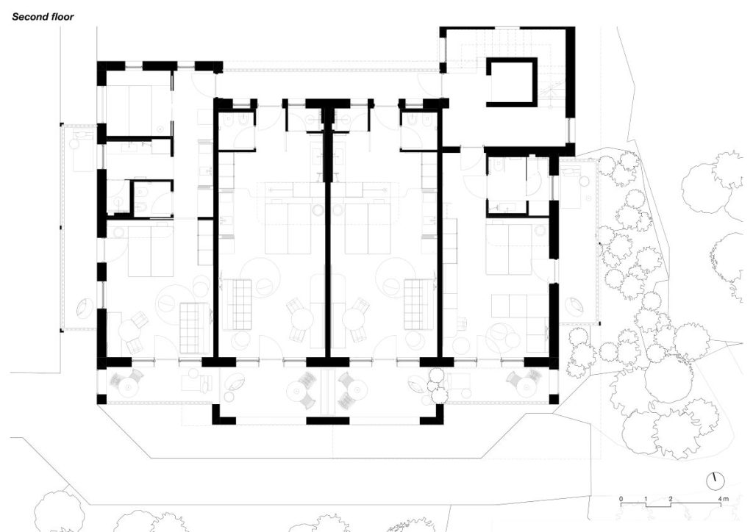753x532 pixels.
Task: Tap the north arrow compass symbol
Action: coord(715,481)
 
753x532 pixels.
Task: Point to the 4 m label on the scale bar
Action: coord(723,499)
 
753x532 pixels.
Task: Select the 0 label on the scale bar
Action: coord(621,499)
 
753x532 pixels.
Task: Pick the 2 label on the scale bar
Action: coord(671,499)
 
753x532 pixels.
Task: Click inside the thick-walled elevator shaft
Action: coord(513,82)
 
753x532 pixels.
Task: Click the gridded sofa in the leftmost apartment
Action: coord(195,328)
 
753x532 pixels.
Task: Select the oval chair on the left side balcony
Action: coord(85,307)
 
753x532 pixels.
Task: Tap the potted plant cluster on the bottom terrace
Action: coord(436,386)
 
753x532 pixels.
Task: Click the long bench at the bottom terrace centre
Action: coord(328,392)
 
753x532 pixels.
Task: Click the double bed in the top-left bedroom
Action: coord(139,112)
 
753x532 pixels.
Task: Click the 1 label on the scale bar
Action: coord(646,499)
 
